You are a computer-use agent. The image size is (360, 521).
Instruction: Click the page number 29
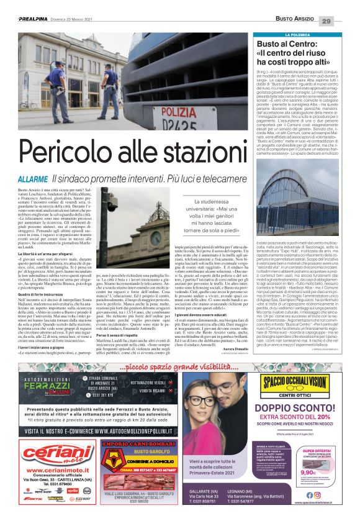click(344, 22)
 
